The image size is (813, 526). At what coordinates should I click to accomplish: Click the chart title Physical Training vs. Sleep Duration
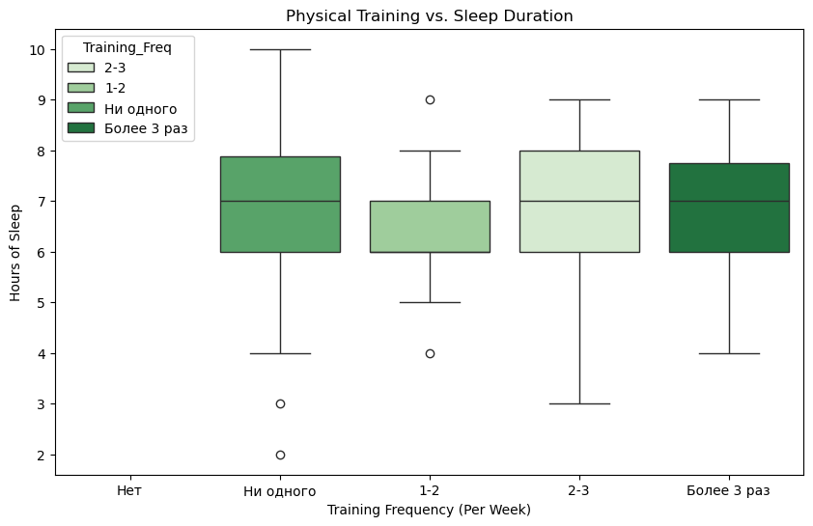(430, 15)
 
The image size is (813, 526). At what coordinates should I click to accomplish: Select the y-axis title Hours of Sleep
(15, 252)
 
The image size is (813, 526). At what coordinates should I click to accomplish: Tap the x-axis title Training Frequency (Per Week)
(430, 510)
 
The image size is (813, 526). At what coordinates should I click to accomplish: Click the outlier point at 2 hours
(280, 455)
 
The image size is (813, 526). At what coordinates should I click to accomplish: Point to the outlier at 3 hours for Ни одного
(280, 403)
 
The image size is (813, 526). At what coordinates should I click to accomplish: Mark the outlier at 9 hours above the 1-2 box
(430, 99)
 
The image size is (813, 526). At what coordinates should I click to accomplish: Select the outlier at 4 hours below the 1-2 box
(430, 353)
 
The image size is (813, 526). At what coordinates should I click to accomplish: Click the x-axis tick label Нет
(130, 491)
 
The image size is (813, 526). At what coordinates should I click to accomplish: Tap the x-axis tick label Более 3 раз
(728, 491)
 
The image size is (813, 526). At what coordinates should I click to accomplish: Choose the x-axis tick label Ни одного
(280, 491)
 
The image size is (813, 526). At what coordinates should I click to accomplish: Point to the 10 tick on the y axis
(39, 49)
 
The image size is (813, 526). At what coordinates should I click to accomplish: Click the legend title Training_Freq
(126, 48)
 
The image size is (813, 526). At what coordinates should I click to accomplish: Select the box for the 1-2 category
(430, 226)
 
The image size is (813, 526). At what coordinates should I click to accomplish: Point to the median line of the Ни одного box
(280, 201)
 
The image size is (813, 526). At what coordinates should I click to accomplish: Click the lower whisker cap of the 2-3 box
(579, 403)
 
